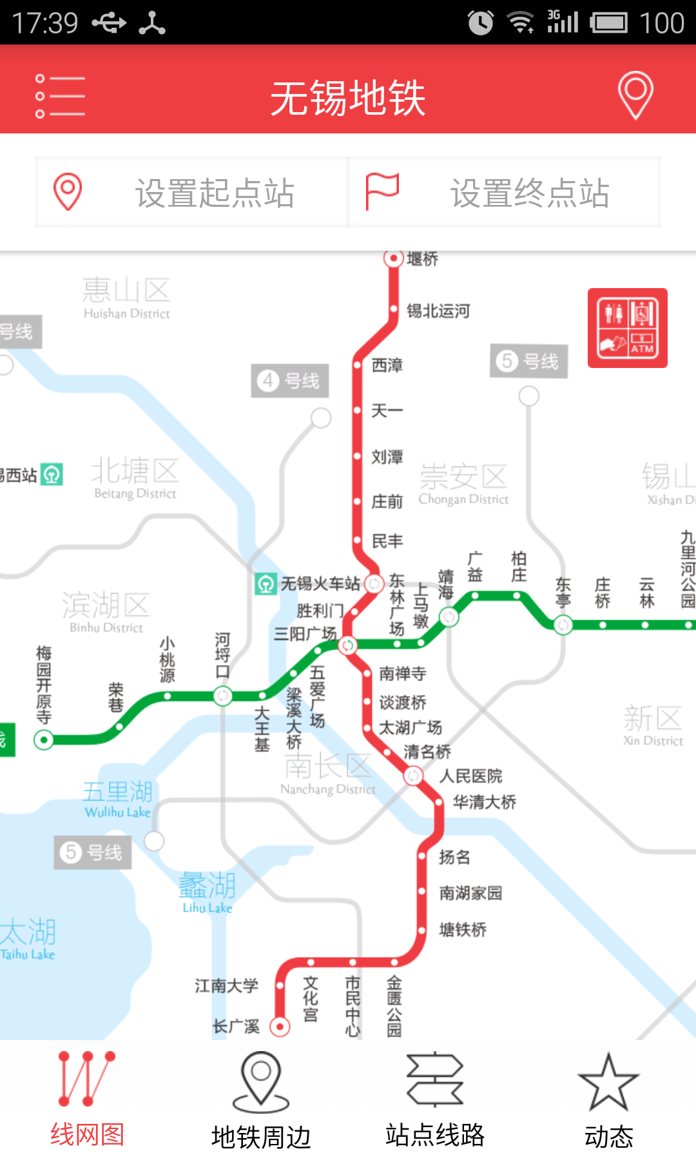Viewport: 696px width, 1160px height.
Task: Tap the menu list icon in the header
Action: pos(60,96)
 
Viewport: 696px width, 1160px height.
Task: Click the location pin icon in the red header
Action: pos(635,95)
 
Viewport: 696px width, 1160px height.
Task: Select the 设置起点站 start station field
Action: pos(192,193)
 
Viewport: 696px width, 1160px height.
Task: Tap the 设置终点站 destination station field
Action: pos(505,193)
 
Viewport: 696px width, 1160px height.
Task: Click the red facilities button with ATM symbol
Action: pos(627,328)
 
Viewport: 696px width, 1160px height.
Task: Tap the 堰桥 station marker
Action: pos(393,258)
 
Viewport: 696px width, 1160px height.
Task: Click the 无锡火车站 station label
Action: pos(320,584)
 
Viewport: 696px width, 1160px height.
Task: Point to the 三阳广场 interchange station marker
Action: pos(347,644)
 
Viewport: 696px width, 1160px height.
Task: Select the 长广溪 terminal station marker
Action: pos(280,1026)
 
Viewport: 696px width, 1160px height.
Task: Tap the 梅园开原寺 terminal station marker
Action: pos(44,740)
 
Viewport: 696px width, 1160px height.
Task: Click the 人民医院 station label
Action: pos(470,776)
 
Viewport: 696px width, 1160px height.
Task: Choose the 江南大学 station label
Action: pos(226,986)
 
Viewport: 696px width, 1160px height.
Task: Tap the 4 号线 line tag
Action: pos(289,381)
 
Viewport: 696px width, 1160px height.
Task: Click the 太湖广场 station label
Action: pos(411,728)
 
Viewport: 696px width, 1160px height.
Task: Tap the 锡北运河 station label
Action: pos(438,311)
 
